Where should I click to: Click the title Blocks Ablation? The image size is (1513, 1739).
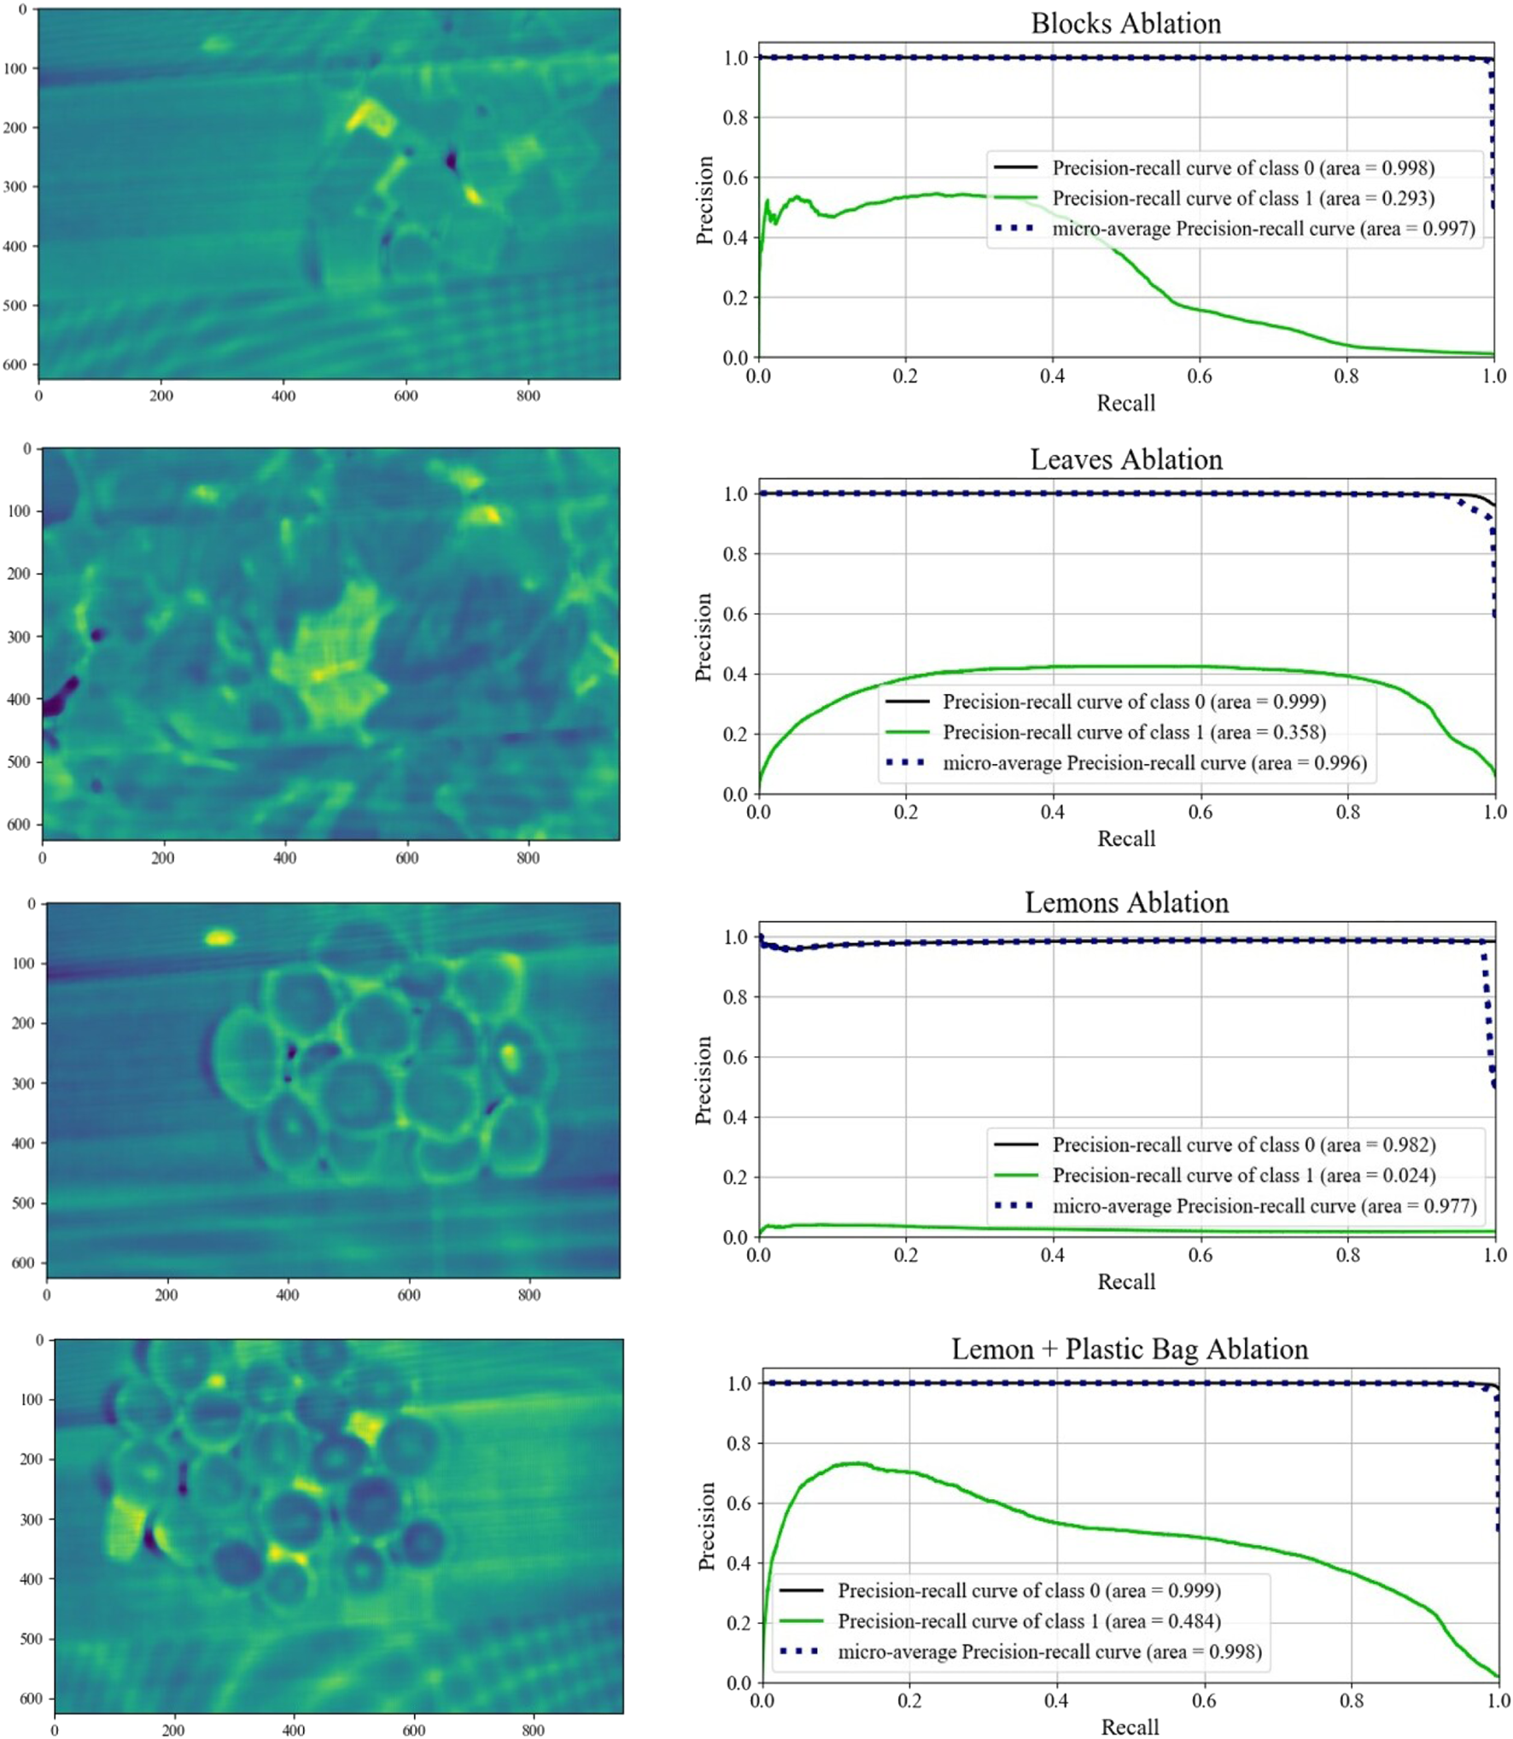[1125, 23]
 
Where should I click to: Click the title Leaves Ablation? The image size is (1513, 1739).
[1125, 459]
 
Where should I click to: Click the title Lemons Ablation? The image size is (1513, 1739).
[1125, 902]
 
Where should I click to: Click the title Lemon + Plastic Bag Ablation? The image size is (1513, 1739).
[1129, 1349]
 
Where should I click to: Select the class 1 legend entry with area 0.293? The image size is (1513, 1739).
[1242, 198]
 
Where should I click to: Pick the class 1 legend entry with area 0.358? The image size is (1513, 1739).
[1133, 732]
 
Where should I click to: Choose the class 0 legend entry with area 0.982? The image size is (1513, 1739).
[1242, 1145]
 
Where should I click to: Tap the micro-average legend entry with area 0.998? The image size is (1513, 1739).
[1049, 1652]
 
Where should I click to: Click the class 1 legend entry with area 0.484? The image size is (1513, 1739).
[1028, 1621]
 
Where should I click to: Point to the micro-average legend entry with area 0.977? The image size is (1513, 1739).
[1263, 1206]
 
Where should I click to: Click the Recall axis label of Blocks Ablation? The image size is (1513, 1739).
[1125, 403]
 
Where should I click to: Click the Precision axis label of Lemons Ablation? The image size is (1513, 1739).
[704, 1080]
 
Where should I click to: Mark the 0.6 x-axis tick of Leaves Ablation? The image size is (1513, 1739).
[1200, 812]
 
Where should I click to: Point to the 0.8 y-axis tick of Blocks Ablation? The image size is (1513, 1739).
[735, 118]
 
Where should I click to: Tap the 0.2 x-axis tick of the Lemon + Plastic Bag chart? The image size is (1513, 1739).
[909, 1701]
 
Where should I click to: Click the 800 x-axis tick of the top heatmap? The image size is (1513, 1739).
[528, 396]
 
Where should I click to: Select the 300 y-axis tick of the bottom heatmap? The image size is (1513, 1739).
[32, 1520]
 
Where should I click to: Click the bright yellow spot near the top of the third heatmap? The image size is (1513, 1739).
[219, 938]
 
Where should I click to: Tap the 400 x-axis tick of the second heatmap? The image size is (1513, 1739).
[284, 858]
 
